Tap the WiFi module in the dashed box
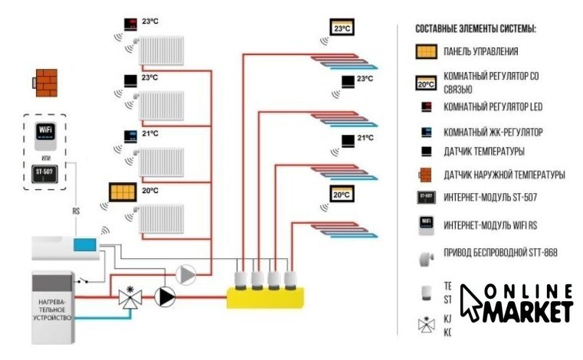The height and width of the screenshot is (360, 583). tap(45, 132)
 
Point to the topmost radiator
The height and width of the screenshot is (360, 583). tap(161, 52)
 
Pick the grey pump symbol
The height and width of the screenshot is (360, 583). tap(185, 274)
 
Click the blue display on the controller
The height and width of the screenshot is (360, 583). tap(84, 244)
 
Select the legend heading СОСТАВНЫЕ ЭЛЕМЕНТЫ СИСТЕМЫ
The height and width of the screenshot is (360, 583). tap(475, 29)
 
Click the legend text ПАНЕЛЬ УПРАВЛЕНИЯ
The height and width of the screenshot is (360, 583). tap(480, 52)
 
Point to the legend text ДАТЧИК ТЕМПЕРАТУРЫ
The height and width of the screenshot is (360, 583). tap(483, 152)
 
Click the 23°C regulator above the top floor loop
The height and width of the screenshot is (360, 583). tap(342, 28)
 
